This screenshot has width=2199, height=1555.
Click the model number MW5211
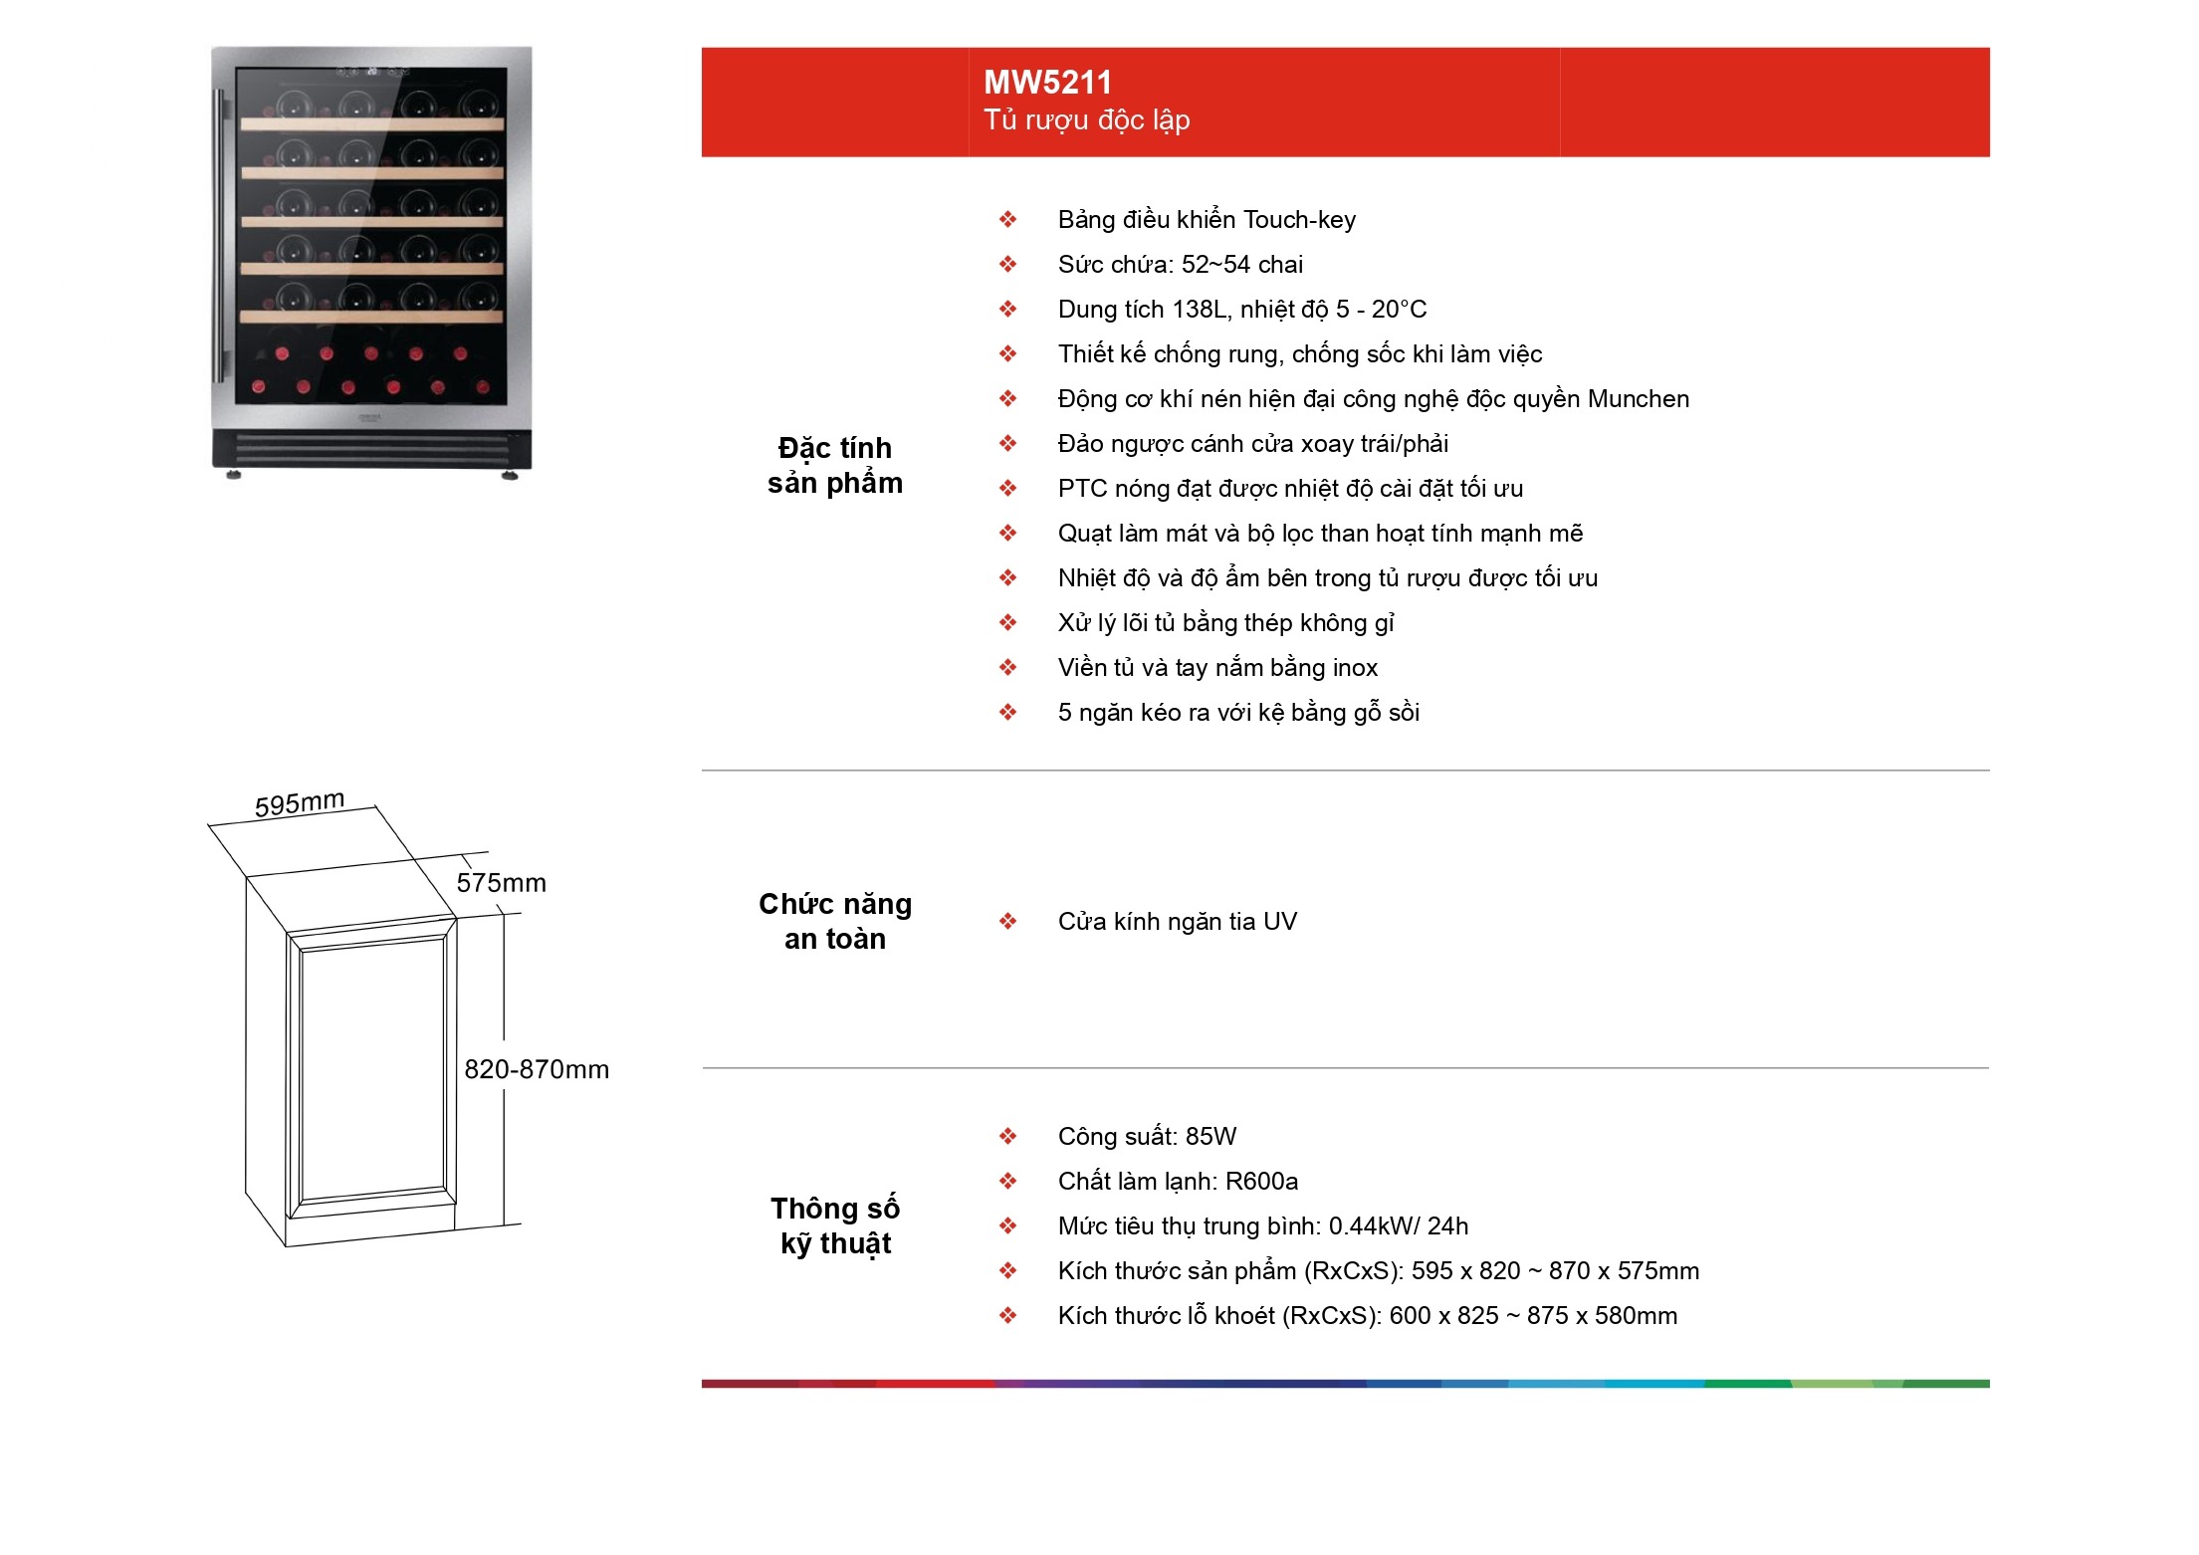click(x=1047, y=82)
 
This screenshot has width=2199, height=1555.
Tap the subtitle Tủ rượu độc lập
click(x=1087, y=120)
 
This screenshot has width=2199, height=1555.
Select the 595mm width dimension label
click(x=300, y=803)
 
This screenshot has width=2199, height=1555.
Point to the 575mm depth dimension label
click(x=502, y=883)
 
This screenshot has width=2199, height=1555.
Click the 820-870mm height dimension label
click(x=537, y=1069)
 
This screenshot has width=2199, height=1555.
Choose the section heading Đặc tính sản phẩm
click(x=835, y=465)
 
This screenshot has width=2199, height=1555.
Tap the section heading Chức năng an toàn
click(x=835, y=921)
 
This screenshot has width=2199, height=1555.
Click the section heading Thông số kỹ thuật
click(x=835, y=1225)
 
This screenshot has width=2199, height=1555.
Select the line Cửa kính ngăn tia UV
click(x=1178, y=922)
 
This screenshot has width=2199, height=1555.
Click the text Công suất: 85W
click(x=1147, y=1137)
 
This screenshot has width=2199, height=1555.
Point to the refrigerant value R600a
click(x=1261, y=1182)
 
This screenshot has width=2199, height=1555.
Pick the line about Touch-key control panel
click(x=1207, y=220)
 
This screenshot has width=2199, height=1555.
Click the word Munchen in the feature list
click(x=1639, y=399)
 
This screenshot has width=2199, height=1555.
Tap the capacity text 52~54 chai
click(x=1242, y=265)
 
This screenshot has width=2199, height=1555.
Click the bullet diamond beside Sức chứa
click(x=1008, y=265)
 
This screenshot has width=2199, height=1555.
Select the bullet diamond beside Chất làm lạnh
click(x=1008, y=1182)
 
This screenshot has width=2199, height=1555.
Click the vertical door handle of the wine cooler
click(x=219, y=235)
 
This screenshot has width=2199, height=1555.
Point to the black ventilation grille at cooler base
click(x=372, y=449)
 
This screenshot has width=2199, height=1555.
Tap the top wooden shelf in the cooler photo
click(x=372, y=124)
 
